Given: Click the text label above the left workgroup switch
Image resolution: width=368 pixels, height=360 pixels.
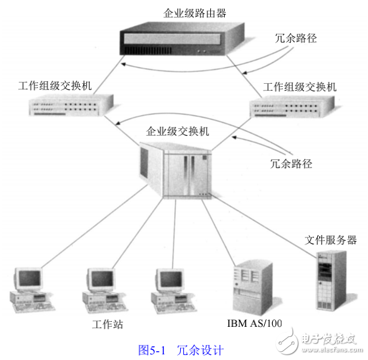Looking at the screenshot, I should coord(55,85).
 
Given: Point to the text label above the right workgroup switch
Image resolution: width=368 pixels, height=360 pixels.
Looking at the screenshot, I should coord(300,87).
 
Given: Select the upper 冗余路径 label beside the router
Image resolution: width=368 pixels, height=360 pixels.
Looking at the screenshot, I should coord(296,38).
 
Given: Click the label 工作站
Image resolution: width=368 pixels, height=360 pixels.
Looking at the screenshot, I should coord(106,324).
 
